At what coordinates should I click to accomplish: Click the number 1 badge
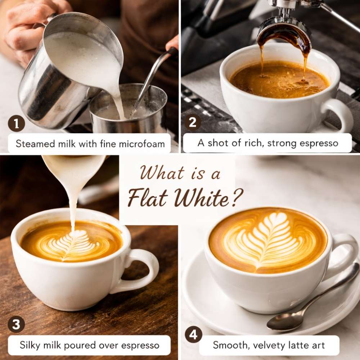(x=16, y=124)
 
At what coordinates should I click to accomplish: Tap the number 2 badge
(x=193, y=124)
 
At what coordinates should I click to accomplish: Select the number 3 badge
(x=16, y=324)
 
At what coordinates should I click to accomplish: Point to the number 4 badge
(x=193, y=335)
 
